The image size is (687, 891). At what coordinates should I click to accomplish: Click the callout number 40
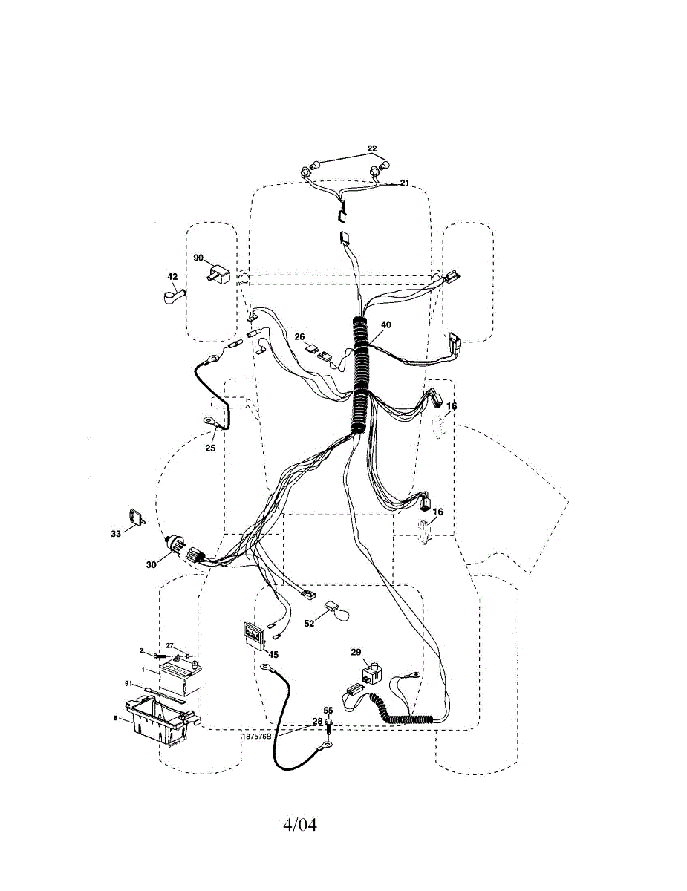click(385, 324)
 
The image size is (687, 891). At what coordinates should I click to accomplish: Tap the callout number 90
click(198, 258)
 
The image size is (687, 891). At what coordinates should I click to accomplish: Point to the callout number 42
click(172, 276)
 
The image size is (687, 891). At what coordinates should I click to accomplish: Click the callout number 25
click(210, 448)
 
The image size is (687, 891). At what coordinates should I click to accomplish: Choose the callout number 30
click(152, 564)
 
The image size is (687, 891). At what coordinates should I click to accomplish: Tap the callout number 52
click(310, 623)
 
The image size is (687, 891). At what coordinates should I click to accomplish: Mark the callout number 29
click(356, 653)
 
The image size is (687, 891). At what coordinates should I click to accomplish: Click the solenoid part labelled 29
click(370, 674)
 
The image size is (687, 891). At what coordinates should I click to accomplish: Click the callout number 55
click(328, 711)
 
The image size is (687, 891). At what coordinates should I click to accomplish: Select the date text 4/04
click(299, 825)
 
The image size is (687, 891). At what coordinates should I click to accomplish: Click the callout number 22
click(373, 148)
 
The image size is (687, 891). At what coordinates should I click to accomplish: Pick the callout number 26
click(300, 336)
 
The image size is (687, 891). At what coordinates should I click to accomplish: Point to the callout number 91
click(128, 684)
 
